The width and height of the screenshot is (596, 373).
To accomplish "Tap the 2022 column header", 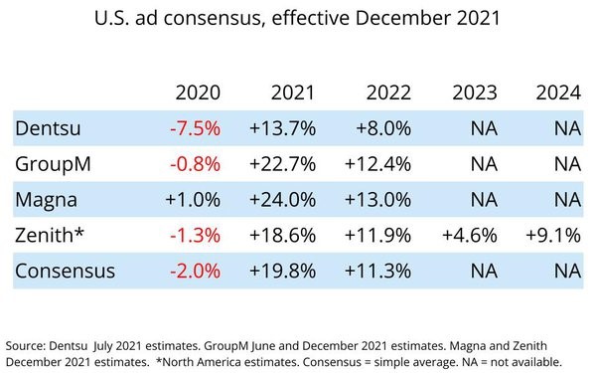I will coord(388,93).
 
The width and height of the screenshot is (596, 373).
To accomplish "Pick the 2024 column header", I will coord(559,93).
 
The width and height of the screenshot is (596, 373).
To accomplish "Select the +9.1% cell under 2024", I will coord(554,235).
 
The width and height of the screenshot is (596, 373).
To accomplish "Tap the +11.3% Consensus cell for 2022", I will coord(378,271).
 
